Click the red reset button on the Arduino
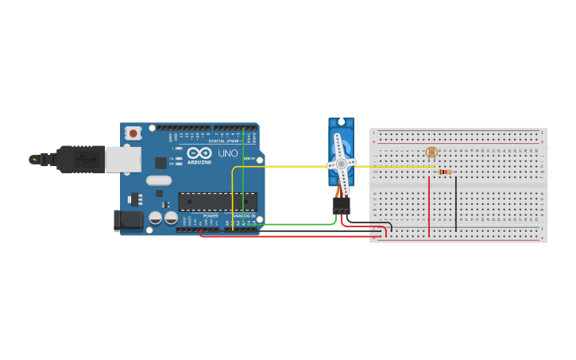(x=133, y=133)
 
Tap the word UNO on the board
(x=228, y=153)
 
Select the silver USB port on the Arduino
(x=124, y=159)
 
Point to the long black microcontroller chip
(x=217, y=202)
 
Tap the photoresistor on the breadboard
(x=431, y=152)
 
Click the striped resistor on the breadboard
(x=445, y=172)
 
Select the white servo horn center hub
(x=341, y=164)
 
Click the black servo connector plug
(x=341, y=205)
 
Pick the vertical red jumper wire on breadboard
(x=429, y=207)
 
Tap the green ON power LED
(x=247, y=159)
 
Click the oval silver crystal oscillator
(x=159, y=180)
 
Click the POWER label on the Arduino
(x=211, y=216)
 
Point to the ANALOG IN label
(x=243, y=216)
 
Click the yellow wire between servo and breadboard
(x=389, y=167)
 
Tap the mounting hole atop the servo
(x=342, y=122)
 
